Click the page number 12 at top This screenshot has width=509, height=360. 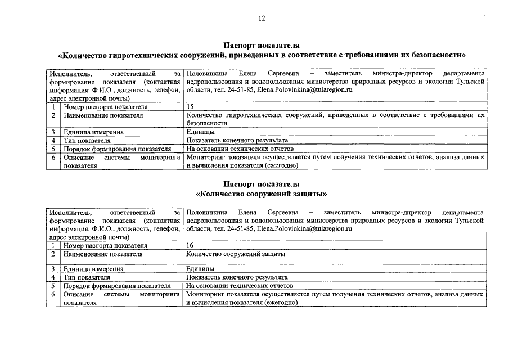pyautogui.click(x=262, y=18)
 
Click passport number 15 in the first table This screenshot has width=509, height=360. pyautogui.click(x=190, y=106)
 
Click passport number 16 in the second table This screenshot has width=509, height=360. pyautogui.click(x=190, y=245)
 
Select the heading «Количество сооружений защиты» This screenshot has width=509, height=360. pyautogui.click(x=262, y=194)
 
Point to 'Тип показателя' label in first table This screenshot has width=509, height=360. pyautogui.click(x=87, y=141)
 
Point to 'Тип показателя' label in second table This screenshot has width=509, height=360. pyautogui.click(x=87, y=277)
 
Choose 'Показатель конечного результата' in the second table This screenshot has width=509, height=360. pyautogui.click(x=237, y=277)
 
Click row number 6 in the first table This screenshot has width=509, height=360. pyautogui.click(x=52, y=158)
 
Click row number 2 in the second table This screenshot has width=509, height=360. pyautogui.click(x=52, y=254)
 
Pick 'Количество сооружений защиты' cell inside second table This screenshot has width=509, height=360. pyautogui.click(x=235, y=254)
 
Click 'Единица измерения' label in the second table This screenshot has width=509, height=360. pyautogui.click(x=93, y=269)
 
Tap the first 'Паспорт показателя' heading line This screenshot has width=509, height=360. pyautogui.click(x=262, y=45)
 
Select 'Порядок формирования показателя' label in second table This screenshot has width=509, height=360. pyautogui.click(x=117, y=286)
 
